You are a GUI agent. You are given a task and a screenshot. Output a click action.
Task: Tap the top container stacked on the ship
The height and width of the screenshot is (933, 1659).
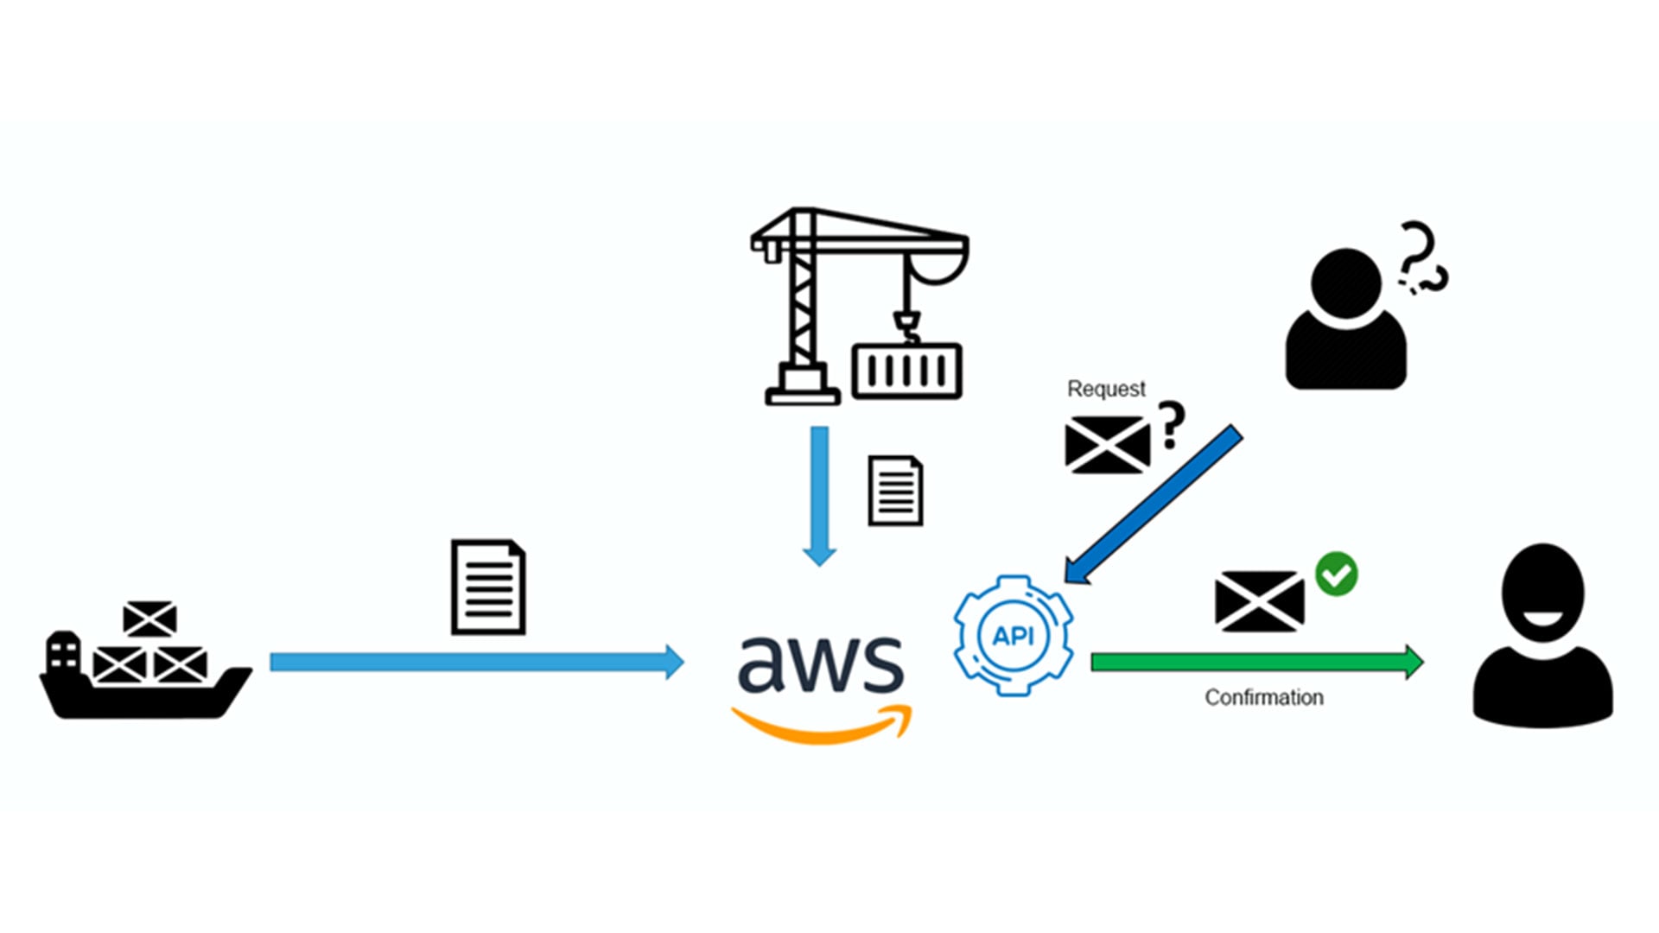pyautogui.click(x=149, y=619)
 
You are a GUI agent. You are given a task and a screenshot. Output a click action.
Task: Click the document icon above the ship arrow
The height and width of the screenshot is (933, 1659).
pyautogui.click(x=488, y=587)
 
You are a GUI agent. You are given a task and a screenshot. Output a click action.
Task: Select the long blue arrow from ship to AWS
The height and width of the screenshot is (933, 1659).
pyautogui.click(x=475, y=663)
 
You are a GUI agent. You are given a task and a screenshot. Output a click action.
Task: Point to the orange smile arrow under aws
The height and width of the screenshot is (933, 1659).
pyautogui.click(x=821, y=727)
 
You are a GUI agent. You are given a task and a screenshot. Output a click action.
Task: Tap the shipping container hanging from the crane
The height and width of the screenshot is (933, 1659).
pyautogui.click(x=906, y=371)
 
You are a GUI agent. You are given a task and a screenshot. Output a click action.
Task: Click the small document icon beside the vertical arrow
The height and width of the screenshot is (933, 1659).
pyautogui.click(x=895, y=491)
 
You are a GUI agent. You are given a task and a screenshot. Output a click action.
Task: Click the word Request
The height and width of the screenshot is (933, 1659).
pyautogui.click(x=1106, y=389)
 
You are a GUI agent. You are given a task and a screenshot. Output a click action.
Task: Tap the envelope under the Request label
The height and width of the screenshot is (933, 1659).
pyautogui.click(x=1107, y=445)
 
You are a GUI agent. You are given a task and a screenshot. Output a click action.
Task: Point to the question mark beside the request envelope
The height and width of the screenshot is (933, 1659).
pyautogui.click(x=1171, y=425)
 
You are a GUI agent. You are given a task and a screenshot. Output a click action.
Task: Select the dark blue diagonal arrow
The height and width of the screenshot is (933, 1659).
pyautogui.click(x=1154, y=505)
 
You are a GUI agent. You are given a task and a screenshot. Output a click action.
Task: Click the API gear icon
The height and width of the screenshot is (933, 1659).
pyautogui.click(x=1014, y=636)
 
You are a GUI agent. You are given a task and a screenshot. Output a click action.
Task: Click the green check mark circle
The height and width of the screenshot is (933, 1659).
pyautogui.click(x=1337, y=574)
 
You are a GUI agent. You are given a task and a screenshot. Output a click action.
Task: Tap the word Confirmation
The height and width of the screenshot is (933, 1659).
pyautogui.click(x=1263, y=697)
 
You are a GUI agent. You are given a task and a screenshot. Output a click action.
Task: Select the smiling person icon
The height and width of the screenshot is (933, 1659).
pyautogui.click(x=1542, y=639)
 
